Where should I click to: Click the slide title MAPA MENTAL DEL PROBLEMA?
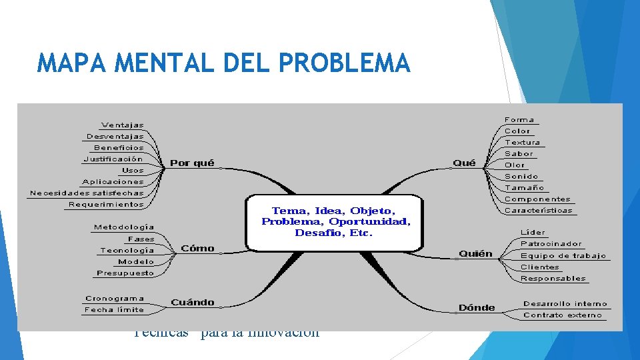click(224, 63)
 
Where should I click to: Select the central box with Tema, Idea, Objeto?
click(335, 222)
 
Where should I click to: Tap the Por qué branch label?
click(192, 163)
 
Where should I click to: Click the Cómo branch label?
click(197, 248)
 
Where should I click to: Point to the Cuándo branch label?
click(193, 302)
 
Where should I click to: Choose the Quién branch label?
click(475, 253)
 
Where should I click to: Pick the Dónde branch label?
click(477, 307)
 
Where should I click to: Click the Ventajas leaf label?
click(122, 125)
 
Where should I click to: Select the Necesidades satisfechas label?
click(87, 193)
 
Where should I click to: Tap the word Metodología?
click(124, 227)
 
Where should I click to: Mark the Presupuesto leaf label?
click(125, 273)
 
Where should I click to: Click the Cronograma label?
click(115, 298)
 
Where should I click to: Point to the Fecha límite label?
click(114, 309)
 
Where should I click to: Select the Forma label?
click(519, 120)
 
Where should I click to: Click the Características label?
click(538, 210)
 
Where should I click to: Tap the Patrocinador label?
click(551, 244)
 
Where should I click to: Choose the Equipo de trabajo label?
click(563, 255)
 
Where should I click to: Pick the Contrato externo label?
click(562, 315)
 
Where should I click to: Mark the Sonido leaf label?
click(521, 176)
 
